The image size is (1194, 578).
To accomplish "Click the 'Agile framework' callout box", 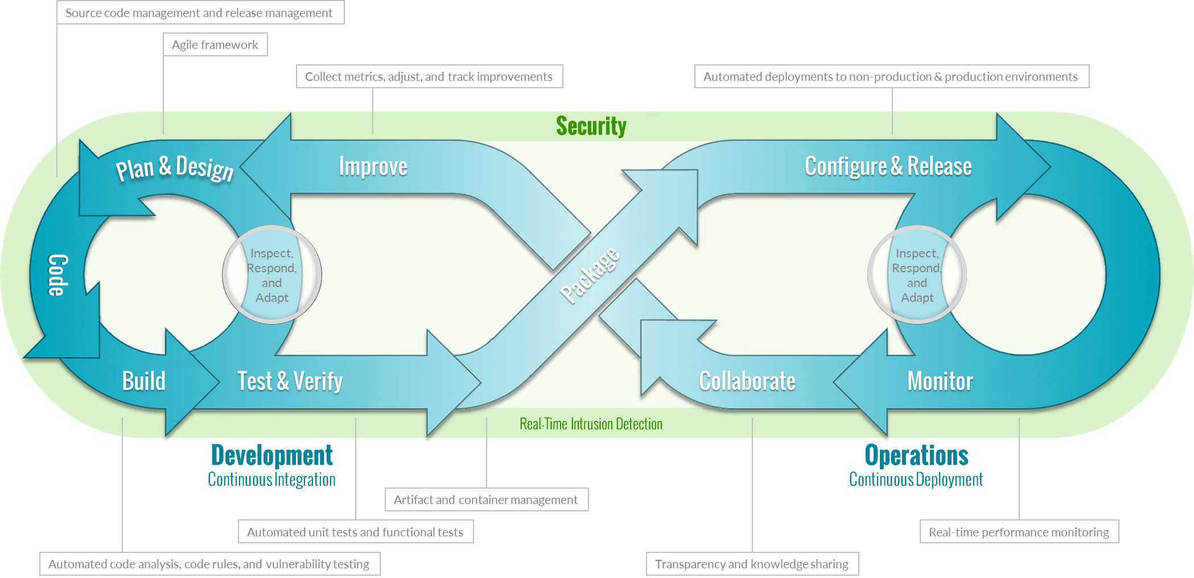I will [x=215, y=45].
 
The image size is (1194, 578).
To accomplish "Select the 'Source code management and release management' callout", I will [x=199, y=13].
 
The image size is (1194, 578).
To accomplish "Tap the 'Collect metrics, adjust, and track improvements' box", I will [x=429, y=77].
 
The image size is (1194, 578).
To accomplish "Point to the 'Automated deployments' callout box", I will [x=891, y=77].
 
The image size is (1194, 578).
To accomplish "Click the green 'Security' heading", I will [x=591, y=126].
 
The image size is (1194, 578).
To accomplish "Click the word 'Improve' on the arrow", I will [x=373, y=167].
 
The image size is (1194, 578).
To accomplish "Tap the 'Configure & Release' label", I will [x=888, y=167].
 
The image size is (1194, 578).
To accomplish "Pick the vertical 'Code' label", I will [x=57, y=275].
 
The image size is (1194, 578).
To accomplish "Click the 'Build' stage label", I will [x=143, y=381].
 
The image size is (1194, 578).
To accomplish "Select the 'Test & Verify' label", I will [x=290, y=381].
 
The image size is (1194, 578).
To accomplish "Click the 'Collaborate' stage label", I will [x=747, y=381].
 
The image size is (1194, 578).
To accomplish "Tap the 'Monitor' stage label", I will [x=940, y=381].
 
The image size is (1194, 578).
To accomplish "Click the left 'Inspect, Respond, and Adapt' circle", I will [x=272, y=276].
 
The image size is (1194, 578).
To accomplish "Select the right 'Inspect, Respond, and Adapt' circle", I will [x=917, y=276].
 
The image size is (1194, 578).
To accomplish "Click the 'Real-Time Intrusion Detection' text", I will [x=591, y=424].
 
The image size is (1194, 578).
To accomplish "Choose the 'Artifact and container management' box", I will [x=486, y=500].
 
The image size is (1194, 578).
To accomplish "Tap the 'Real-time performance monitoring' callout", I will [x=1019, y=532].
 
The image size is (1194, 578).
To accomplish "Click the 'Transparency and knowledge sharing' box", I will [x=752, y=564].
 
